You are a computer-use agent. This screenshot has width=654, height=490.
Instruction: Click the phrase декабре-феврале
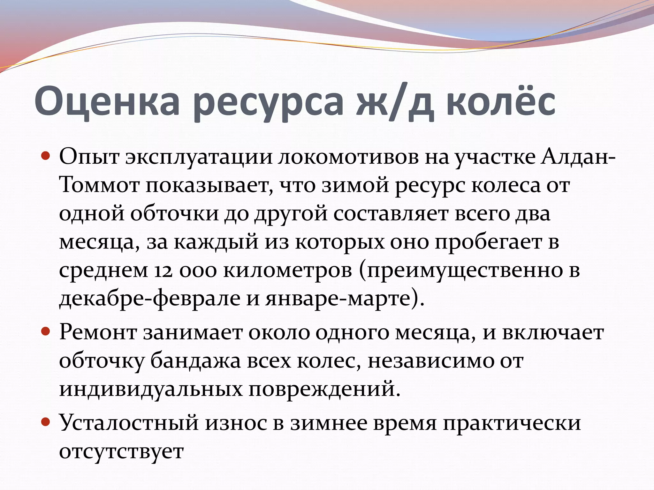point(150,299)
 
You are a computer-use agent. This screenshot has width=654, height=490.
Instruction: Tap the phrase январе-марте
point(338,299)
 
